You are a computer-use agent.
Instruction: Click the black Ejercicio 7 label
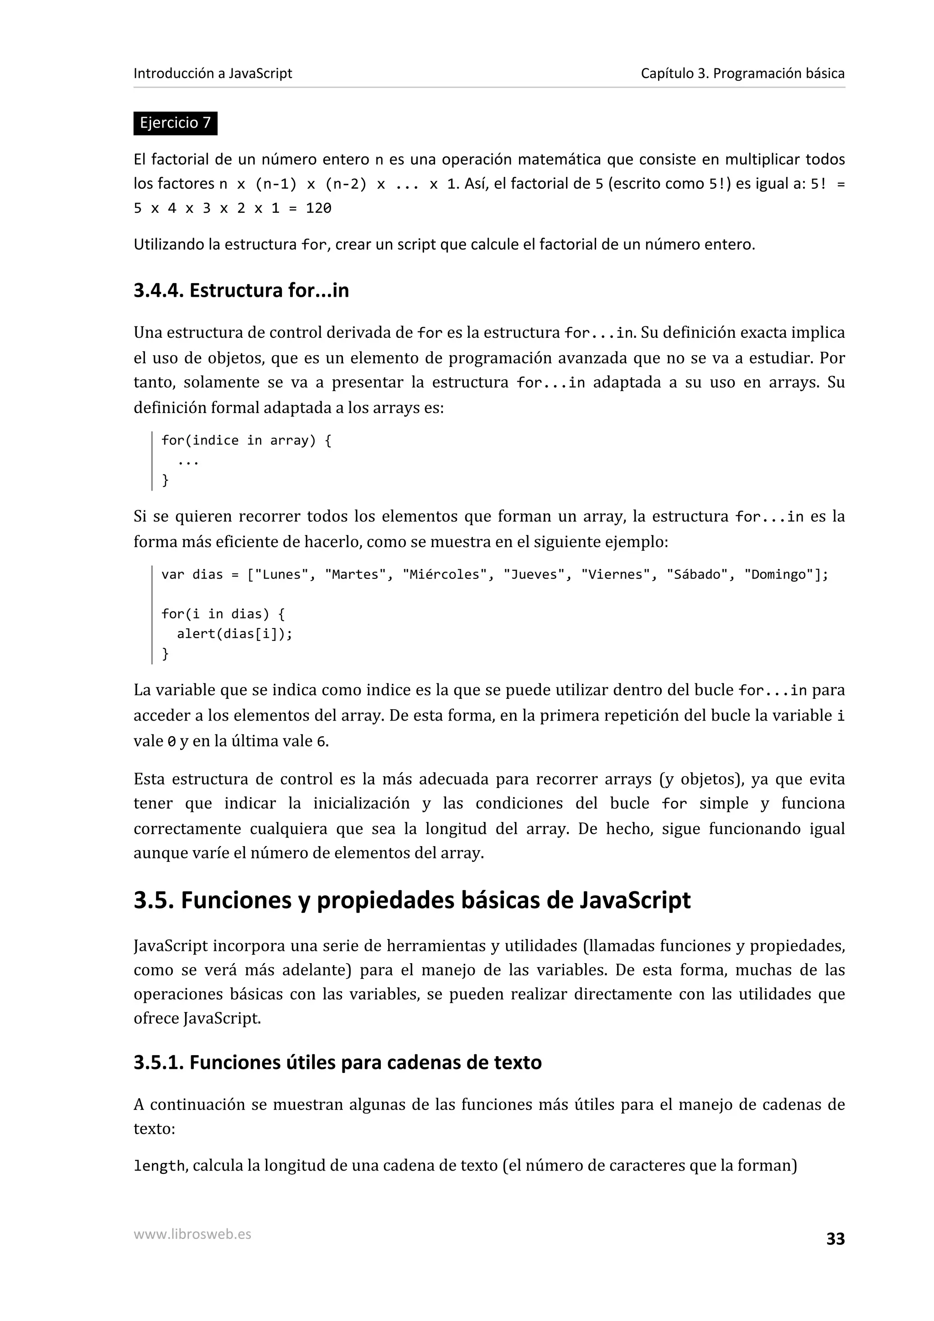tap(175, 123)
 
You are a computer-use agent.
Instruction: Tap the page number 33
tap(835, 1239)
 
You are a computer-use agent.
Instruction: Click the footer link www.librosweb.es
tap(192, 1234)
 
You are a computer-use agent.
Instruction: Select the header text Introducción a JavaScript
tap(213, 74)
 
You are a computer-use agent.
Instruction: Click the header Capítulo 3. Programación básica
tap(742, 74)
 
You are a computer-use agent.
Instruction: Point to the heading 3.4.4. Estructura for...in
tap(241, 290)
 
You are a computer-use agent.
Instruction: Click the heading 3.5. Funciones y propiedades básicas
tap(411, 900)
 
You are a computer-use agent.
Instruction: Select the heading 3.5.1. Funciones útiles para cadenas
tap(337, 1062)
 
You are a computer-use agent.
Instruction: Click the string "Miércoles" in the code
tap(444, 575)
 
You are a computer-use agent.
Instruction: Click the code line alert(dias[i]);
tap(234, 634)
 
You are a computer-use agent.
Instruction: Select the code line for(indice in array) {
tap(246, 441)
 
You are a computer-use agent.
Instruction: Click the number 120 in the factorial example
tap(318, 208)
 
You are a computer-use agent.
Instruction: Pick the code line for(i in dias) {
tap(223, 614)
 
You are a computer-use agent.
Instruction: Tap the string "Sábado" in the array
tap(696, 575)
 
